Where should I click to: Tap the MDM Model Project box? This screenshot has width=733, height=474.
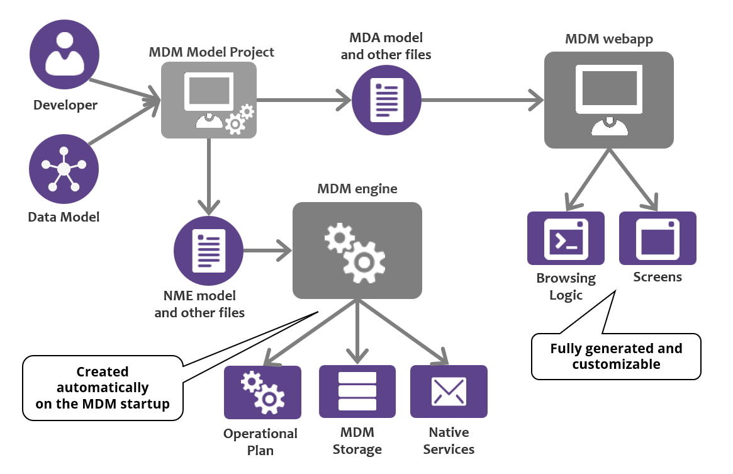click(209, 101)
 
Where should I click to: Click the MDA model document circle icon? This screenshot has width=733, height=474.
click(386, 99)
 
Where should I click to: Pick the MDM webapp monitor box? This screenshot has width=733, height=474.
click(608, 100)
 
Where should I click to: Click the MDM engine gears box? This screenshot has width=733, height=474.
click(357, 251)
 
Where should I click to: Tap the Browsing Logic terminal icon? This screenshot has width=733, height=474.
click(565, 238)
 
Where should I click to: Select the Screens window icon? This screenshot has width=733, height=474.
click(657, 238)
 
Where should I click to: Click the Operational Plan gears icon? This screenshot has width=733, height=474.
click(262, 392)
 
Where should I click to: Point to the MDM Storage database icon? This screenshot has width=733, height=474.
click(357, 392)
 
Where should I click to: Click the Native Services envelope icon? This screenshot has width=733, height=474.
click(449, 392)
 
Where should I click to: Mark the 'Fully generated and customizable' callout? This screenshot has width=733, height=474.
click(616, 356)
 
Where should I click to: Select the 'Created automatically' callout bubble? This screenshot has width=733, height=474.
click(103, 388)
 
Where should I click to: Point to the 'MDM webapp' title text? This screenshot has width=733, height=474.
click(608, 39)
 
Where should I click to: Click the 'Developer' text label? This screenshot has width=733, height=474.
click(65, 104)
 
